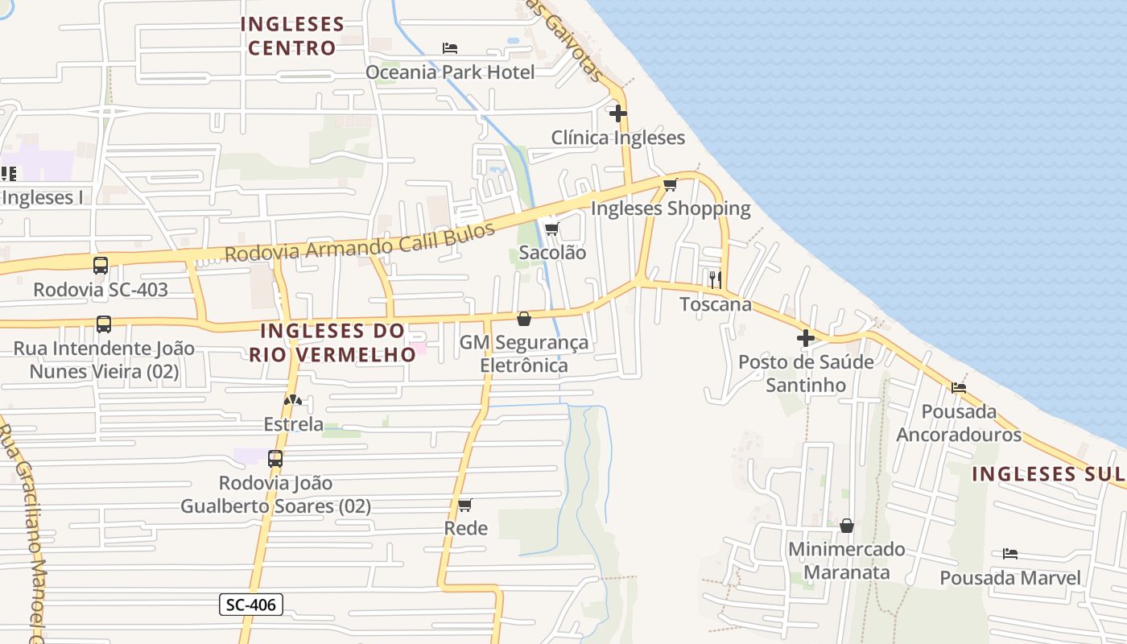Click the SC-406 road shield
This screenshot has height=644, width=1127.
click(x=251, y=605)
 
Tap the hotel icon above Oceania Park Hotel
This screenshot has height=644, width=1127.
click(x=450, y=48)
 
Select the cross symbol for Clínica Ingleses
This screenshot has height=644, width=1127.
click(x=617, y=114)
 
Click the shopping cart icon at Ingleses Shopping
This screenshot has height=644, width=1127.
click(x=670, y=185)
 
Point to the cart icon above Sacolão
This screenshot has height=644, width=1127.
click(x=551, y=229)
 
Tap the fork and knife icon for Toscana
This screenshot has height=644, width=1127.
click(x=715, y=280)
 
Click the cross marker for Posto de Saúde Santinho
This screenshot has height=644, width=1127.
click(x=805, y=338)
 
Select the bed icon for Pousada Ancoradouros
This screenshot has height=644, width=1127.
click(x=958, y=387)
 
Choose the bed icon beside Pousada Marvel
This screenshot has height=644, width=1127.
click(x=1010, y=554)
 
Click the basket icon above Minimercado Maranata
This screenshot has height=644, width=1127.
click(x=846, y=526)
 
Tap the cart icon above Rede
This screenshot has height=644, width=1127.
click(x=464, y=505)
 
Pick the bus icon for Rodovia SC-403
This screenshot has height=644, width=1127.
click(x=101, y=266)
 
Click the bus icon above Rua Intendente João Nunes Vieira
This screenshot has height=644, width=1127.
click(x=104, y=324)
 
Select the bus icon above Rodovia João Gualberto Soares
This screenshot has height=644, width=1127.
click(x=275, y=459)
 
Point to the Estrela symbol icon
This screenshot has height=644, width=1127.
click(x=293, y=400)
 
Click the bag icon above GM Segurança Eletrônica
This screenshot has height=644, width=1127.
click(x=523, y=319)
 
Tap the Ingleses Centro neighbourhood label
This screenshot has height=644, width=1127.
click(x=292, y=36)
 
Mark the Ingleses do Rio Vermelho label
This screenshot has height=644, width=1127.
click(x=332, y=342)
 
